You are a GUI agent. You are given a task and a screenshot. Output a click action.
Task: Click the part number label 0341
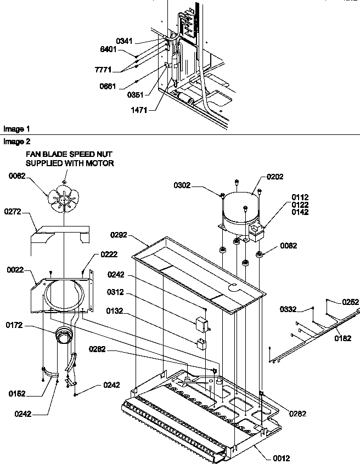125,41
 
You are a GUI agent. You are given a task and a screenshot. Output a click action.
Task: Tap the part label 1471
139,110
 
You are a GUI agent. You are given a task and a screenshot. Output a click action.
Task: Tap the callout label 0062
19,177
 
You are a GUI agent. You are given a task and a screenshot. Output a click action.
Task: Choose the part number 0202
275,177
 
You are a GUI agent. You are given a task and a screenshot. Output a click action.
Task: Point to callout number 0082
290,246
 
